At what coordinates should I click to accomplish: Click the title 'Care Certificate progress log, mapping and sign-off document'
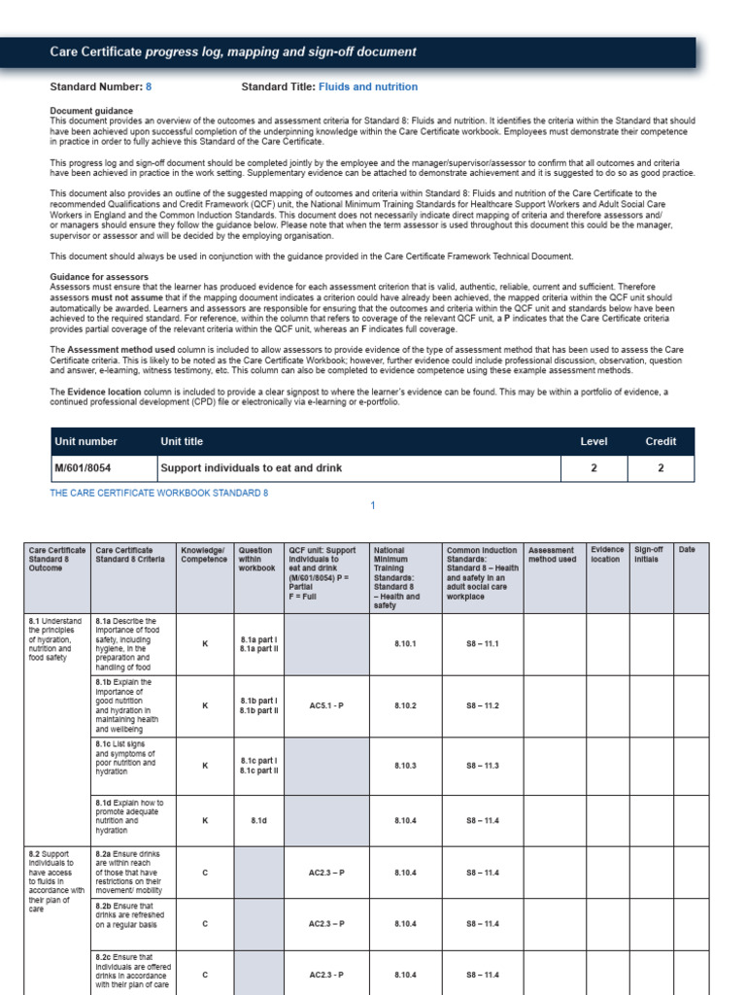(233, 51)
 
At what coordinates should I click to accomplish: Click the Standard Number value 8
(149, 86)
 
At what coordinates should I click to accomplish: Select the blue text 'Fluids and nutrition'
(368, 86)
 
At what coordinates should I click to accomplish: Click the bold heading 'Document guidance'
(91, 111)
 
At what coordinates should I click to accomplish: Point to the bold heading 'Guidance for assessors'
(99, 277)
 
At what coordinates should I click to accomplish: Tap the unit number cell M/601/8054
(84, 467)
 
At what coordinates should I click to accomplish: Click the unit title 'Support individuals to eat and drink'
(251, 467)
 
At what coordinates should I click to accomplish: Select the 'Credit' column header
(661, 441)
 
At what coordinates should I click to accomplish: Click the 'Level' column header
(593, 441)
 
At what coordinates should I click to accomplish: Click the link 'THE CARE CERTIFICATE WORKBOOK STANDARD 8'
(159, 493)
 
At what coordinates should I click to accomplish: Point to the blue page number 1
(372, 506)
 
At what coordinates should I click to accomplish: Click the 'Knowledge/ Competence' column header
(204, 555)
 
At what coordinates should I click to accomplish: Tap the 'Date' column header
(687, 550)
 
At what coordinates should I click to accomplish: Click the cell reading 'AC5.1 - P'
(327, 705)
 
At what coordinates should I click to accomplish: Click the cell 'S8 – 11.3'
(483, 766)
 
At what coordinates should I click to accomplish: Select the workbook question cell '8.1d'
(258, 820)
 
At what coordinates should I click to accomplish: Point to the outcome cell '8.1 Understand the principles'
(56, 638)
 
